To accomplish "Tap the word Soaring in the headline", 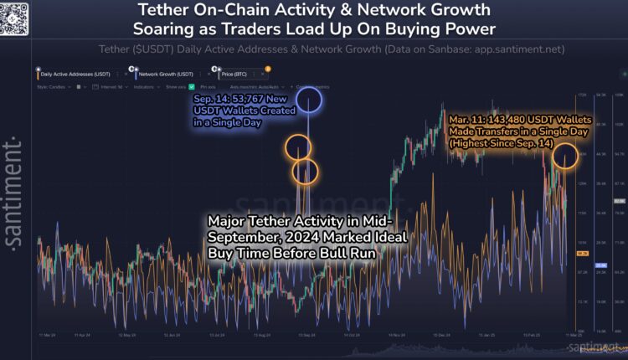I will pos(167,30).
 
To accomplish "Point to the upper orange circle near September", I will pos(298,147).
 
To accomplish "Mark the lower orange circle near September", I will pos(304,172).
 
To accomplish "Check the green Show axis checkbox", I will pos(192,87).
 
